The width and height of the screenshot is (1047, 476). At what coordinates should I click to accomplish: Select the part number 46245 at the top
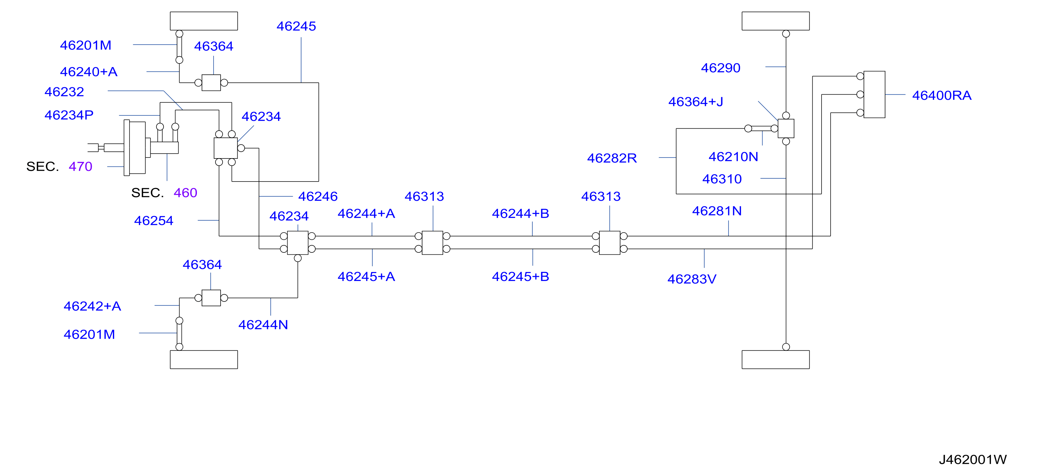click(x=296, y=26)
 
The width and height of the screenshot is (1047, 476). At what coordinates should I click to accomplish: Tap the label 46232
click(x=64, y=92)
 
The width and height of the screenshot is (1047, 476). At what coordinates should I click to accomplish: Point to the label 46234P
click(x=69, y=115)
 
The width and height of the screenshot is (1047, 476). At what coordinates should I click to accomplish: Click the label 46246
click(x=318, y=196)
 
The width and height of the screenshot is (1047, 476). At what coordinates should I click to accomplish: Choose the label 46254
click(x=154, y=220)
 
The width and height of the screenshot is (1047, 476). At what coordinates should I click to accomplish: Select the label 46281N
click(x=717, y=211)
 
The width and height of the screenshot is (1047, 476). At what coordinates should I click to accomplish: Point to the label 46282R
click(x=612, y=158)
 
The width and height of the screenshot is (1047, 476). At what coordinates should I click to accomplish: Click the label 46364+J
click(x=696, y=102)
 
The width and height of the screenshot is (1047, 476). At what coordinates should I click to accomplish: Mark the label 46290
click(x=721, y=68)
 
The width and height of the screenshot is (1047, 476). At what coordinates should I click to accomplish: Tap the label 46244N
click(x=263, y=325)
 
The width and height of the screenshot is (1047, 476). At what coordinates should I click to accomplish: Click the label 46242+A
click(x=92, y=306)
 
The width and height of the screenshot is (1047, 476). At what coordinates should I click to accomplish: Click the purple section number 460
click(x=185, y=193)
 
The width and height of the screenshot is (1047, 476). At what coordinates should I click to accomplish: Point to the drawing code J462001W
click(x=973, y=459)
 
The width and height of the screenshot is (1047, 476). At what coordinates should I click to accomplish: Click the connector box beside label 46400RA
click(x=874, y=94)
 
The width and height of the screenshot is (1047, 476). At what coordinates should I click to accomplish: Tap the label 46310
click(x=722, y=179)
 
